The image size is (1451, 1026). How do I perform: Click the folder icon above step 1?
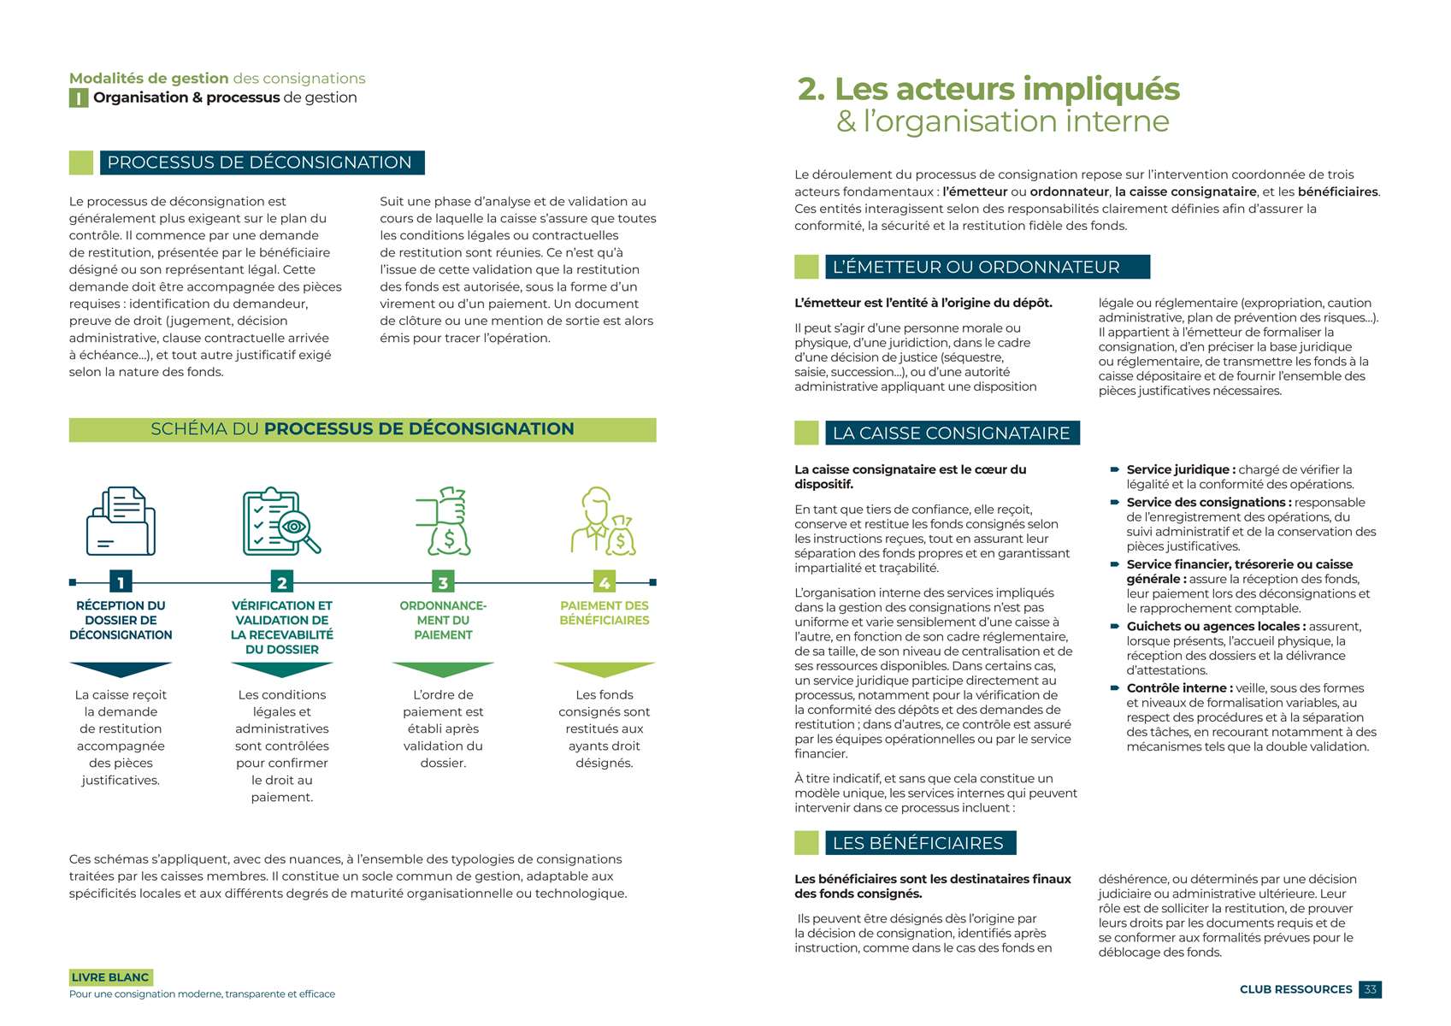(121, 521)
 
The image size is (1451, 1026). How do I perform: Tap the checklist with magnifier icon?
(281, 521)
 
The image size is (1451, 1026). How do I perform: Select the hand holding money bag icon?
(443, 521)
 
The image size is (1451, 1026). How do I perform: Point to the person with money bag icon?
(604, 521)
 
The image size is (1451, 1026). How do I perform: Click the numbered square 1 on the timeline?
(121, 582)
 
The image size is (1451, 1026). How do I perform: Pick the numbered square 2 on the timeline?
(281, 582)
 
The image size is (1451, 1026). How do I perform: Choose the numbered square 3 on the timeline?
(443, 582)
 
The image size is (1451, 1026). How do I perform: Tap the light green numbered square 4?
(605, 582)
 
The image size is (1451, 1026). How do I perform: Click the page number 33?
(1370, 989)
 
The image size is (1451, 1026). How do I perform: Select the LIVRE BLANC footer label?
(110, 977)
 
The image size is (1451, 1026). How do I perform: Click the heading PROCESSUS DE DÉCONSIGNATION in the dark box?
(260, 162)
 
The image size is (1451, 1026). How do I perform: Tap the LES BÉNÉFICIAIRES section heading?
(917, 843)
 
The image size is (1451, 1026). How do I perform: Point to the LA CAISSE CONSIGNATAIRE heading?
(951, 433)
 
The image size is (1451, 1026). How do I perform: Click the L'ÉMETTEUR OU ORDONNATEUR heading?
(976, 267)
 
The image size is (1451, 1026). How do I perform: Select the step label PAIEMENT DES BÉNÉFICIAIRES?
(605, 613)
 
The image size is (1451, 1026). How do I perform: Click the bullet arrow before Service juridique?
(1115, 469)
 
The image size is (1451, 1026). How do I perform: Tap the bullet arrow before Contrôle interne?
(1115, 688)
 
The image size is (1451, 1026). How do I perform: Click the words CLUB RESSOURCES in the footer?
(1295, 989)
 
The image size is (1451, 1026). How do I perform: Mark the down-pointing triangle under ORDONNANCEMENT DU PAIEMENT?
(443, 669)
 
